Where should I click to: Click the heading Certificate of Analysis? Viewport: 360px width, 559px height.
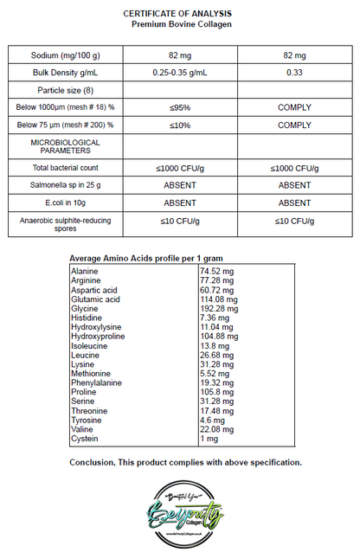point(177,15)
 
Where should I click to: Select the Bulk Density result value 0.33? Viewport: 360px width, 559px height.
point(294,72)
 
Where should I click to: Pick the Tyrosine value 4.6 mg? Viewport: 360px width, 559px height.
point(215,420)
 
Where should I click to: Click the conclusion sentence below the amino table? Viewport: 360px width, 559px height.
point(185,462)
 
